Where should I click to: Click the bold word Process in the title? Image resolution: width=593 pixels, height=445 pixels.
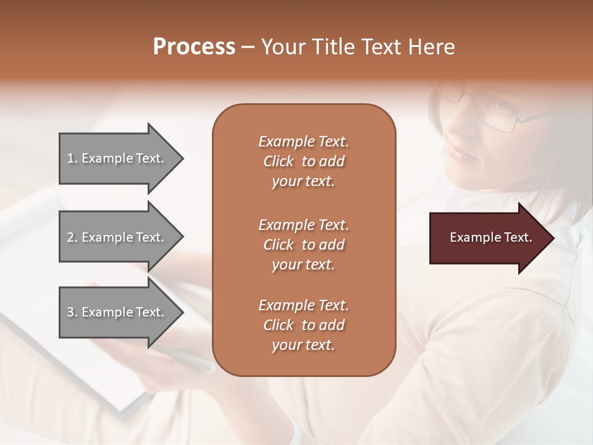(194, 46)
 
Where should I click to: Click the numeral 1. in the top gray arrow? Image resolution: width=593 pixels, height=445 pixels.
(72, 158)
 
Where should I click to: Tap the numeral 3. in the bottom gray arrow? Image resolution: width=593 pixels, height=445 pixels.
(72, 312)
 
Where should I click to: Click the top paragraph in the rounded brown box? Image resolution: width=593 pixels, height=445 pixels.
(303, 161)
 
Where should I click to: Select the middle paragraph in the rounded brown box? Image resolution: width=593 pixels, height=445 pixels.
(303, 244)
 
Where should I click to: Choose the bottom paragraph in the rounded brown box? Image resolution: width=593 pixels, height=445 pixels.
(303, 325)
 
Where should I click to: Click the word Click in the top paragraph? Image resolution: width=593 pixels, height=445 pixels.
(279, 161)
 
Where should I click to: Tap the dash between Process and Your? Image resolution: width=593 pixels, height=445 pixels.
(248, 47)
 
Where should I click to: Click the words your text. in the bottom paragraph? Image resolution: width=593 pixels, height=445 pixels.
(303, 345)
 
